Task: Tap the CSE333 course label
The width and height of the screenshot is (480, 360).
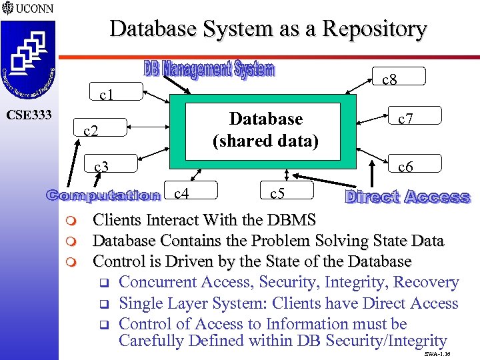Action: [29, 115]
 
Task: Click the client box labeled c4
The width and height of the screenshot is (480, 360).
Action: [182, 194]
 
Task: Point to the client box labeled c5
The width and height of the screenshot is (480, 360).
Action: [278, 194]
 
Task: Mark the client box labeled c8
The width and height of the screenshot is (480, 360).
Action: [390, 79]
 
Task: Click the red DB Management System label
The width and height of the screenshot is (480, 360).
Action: [209, 69]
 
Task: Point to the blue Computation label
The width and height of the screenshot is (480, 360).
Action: [103, 195]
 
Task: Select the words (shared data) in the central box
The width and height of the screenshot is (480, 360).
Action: [265, 141]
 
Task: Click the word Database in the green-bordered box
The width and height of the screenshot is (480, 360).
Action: [265, 119]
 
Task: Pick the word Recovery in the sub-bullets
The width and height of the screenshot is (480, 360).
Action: [426, 282]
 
